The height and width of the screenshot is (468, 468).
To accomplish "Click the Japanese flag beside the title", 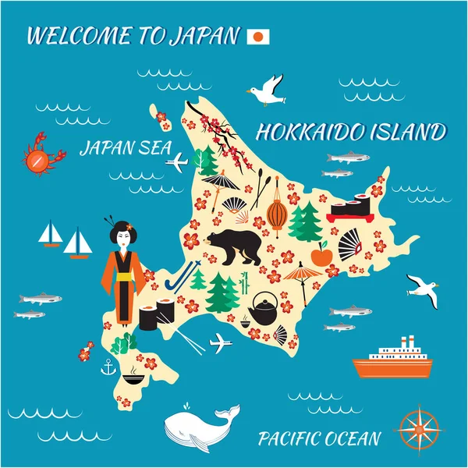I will [x=257, y=36].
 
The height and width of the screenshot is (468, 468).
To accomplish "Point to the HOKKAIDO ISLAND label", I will [x=350, y=131].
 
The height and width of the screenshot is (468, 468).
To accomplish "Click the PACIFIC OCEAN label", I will [x=319, y=438].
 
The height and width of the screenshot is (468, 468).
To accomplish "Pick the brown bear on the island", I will [x=240, y=245].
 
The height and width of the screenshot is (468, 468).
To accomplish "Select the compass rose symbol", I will [x=417, y=427].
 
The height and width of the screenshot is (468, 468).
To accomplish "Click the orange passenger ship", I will [x=392, y=359].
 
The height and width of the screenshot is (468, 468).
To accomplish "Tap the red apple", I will [x=321, y=254].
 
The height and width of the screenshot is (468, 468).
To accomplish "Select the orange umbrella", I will [x=303, y=275].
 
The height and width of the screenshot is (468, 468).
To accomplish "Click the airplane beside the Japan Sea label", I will [x=179, y=162].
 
